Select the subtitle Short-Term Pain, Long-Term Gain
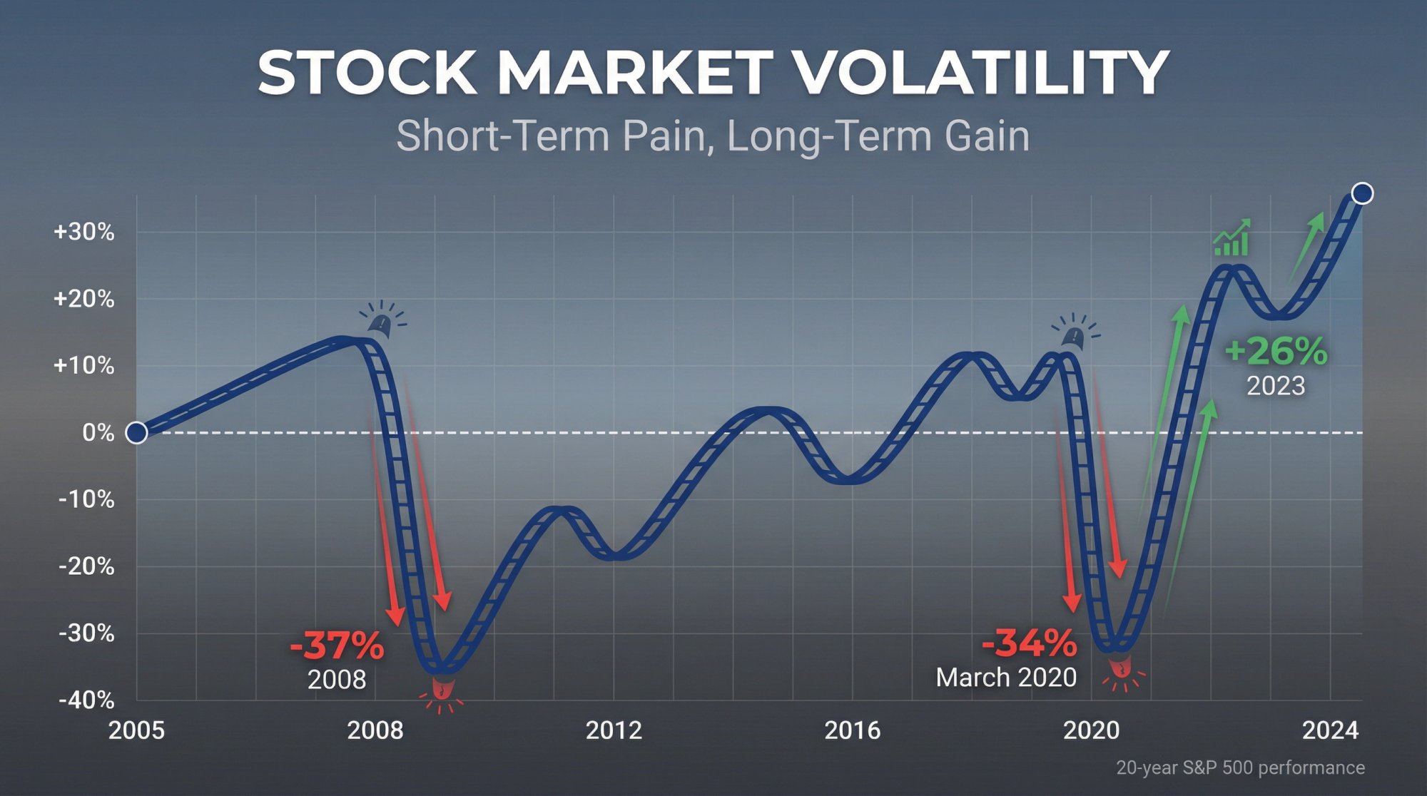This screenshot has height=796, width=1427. pos(713,136)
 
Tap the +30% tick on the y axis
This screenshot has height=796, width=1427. pos(83,232)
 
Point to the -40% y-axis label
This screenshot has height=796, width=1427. pos(86,700)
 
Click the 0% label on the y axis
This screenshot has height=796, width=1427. pos(98,432)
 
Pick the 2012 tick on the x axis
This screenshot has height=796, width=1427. pos(614,730)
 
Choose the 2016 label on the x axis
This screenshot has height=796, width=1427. pos(852,730)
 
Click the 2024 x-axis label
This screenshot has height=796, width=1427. pos(1330,730)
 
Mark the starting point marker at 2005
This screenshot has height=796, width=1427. pos(136,432)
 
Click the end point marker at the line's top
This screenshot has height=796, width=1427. pos(1362,193)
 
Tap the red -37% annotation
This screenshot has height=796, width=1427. pos(337,646)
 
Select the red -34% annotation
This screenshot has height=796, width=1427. pos(1029,643)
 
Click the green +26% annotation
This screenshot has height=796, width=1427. pos(1276,352)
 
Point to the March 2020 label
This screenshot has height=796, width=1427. pos(1006,677)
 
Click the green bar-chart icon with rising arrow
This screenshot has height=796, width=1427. pos(1232,238)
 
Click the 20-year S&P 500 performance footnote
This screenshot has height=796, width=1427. pos(1240,768)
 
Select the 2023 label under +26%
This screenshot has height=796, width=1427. pos(1276,386)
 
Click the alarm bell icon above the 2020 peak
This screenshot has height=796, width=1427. pos(1075,333)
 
